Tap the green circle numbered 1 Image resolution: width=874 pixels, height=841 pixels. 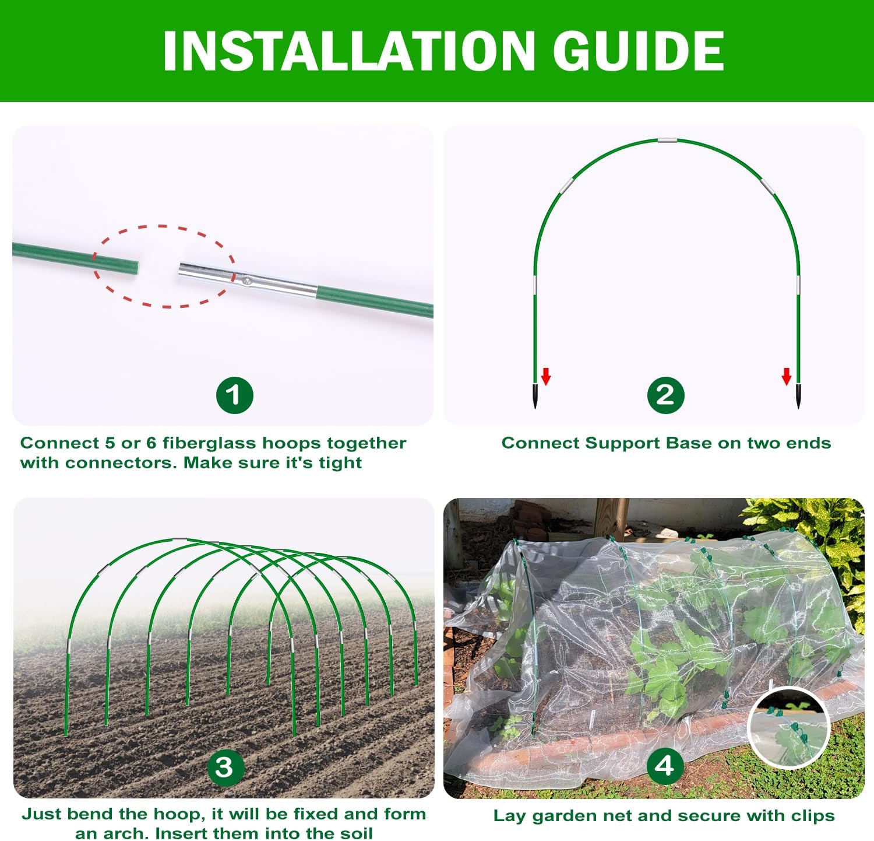(234, 395)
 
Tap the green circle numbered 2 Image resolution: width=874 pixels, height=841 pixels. (665, 395)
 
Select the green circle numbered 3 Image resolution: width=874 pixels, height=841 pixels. (224, 767)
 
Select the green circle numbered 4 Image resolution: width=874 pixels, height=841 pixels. (665, 766)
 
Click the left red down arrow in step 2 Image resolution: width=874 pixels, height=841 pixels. (546, 377)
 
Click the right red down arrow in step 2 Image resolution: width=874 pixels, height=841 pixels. (787, 377)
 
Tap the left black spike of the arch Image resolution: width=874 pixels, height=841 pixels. (535, 396)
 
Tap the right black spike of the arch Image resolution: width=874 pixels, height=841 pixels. (798, 396)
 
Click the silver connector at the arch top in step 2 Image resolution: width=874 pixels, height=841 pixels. (667, 140)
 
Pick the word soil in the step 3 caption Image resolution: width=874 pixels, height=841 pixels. (354, 833)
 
